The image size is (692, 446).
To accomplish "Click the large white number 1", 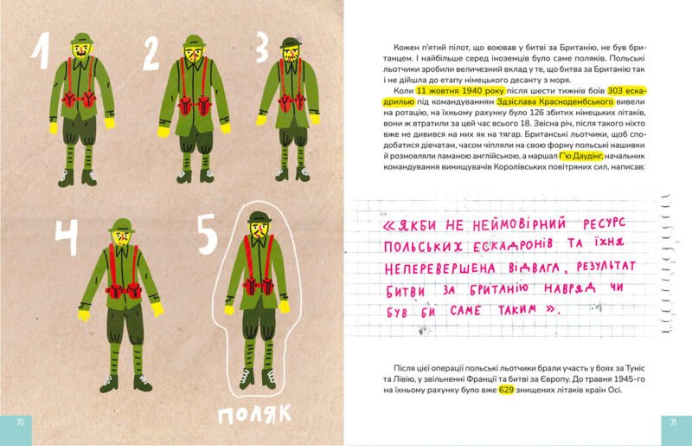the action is coord(40,51).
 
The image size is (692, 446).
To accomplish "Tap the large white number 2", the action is coord(151,53).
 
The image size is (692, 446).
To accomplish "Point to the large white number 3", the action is coord(262,48).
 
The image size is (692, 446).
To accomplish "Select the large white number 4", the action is coord(67,237).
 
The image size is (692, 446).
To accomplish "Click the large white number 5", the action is coord(208,235).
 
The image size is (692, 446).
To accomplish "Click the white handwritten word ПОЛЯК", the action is coord(254,415).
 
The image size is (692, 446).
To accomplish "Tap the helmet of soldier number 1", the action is coord(81,38).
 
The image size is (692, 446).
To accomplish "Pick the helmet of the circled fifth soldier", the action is coord(259,217).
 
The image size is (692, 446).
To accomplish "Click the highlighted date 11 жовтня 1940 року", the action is coord(460,91).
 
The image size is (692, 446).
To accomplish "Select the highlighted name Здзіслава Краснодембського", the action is coord(555,101).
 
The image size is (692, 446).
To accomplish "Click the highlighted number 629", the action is coord(506,390).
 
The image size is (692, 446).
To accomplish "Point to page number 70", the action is coord(20,422).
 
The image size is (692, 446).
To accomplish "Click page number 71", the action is coord(673,423).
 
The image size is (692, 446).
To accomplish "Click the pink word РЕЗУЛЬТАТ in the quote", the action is coord(606,267).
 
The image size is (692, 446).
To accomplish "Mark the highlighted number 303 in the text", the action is coord(615,91).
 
